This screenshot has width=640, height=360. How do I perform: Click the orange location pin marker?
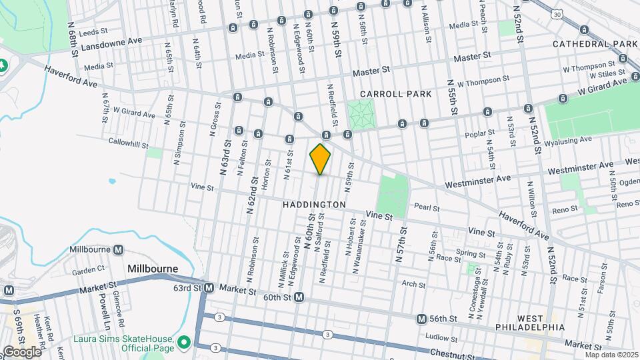pyautogui.click(x=320, y=159)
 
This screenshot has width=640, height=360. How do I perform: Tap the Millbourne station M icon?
pyautogui.click(x=119, y=249)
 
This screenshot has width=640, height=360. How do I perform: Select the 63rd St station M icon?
pyautogui.click(x=209, y=288)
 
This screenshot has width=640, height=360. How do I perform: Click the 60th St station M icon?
pyautogui.click(x=299, y=297)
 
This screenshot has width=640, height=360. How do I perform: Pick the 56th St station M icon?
pyautogui.click(x=421, y=319)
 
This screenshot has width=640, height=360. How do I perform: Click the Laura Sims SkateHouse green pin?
pyautogui.click(x=184, y=343)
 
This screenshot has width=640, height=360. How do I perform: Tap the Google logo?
pyautogui.click(x=21, y=351)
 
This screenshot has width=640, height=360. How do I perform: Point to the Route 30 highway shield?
pyautogui.click(x=557, y=13)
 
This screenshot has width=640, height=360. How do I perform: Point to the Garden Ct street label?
pyautogui.click(x=89, y=270)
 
